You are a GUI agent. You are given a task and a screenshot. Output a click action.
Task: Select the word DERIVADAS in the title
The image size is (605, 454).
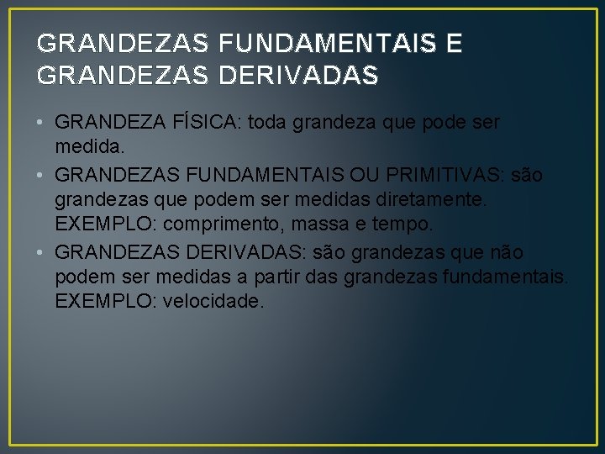tap(298, 76)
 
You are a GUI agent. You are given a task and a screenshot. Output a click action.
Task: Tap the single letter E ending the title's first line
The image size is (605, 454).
tap(454, 43)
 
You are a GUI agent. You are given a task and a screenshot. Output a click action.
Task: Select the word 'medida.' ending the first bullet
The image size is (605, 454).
tap(90, 148)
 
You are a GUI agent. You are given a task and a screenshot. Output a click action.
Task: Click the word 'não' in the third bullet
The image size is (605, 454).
tap(507, 251)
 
